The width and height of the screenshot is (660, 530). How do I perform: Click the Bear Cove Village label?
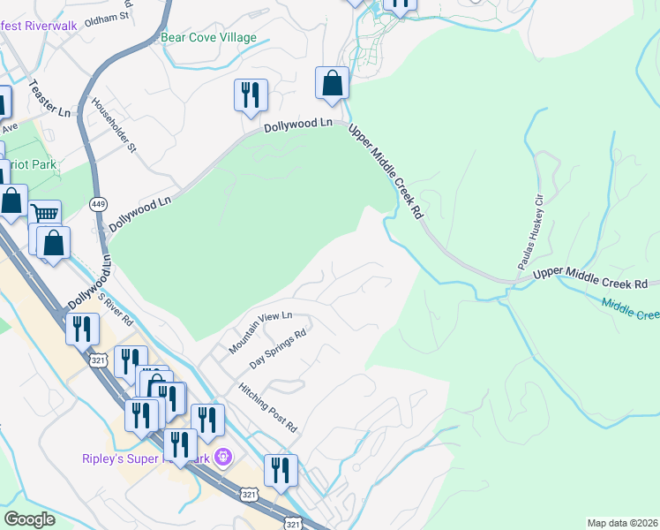coord(208,38)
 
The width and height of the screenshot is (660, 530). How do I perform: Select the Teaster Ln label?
coord(49,99)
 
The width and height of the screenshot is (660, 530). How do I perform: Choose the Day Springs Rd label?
coord(278,349)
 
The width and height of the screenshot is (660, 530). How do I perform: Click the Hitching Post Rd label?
coord(268,406)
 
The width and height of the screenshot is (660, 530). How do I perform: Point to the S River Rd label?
coord(115,308)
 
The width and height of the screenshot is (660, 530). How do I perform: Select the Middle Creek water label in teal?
coord(631,309)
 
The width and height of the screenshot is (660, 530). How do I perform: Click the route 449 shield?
coord(98,204)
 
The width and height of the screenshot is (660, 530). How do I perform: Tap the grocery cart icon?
coord(44,213)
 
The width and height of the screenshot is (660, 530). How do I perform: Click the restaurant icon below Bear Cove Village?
coord(251,94)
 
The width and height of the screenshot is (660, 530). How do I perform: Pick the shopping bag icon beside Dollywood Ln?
coord(332,83)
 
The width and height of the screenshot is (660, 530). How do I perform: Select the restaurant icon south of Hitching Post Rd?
coord(281,470)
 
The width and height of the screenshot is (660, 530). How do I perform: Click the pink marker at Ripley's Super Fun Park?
coord(223,458)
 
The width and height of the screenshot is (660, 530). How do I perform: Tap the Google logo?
coord(30,519)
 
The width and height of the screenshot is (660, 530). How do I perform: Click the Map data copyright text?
coord(622,523)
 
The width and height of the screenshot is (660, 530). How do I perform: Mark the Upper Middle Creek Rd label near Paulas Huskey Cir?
coord(591,278)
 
